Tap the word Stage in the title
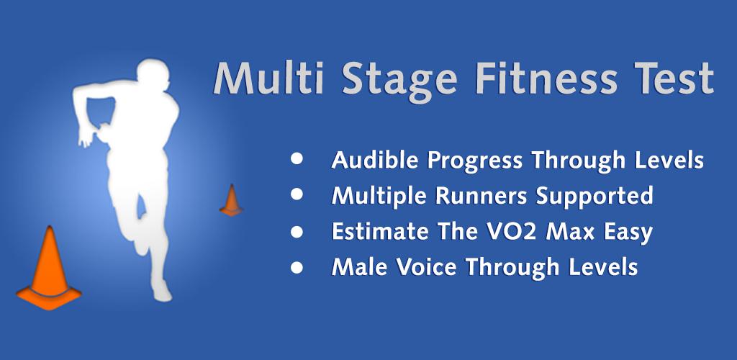(x=399, y=81)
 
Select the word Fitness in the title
(x=546, y=78)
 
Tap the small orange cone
(x=231, y=201)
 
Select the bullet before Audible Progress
(x=297, y=158)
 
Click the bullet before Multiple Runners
(x=297, y=194)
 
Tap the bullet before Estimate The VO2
(x=297, y=231)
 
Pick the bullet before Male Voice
(x=297, y=267)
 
